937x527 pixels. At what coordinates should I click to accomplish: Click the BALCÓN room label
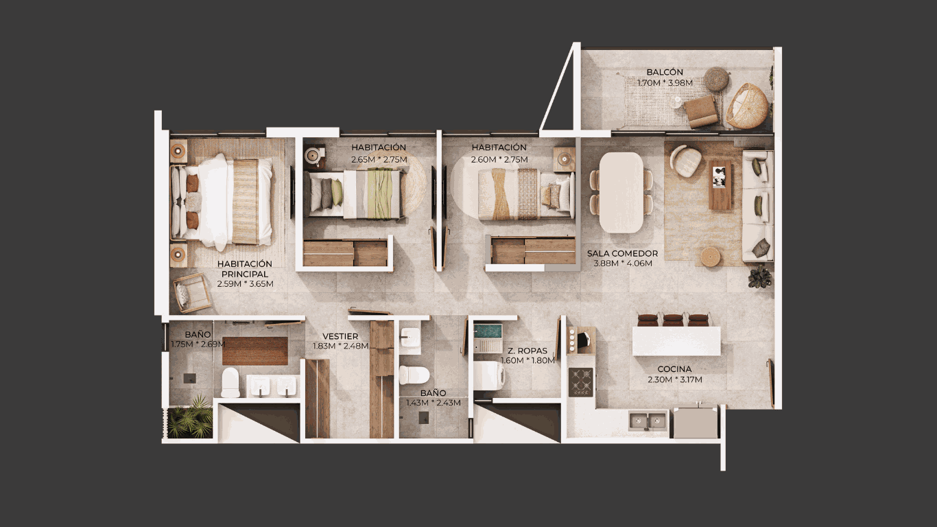coord(665,72)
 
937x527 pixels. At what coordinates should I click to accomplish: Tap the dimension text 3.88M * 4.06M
coord(623,263)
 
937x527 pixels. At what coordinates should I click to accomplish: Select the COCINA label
coord(674,369)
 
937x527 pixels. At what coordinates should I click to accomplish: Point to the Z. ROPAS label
coord(527,351)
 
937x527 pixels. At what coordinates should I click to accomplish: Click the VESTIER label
coord(340,336)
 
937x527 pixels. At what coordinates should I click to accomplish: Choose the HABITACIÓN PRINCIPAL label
coord(245,269)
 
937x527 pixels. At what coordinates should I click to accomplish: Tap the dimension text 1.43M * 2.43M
coord(434,403)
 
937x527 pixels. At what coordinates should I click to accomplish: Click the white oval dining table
coord(621,192)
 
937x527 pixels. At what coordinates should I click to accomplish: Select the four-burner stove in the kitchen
coord(581,382)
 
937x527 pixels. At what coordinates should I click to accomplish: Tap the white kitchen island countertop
coord(676,341)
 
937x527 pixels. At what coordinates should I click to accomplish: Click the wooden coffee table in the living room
coord(720,185)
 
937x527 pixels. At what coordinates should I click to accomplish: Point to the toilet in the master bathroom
coord(230,383)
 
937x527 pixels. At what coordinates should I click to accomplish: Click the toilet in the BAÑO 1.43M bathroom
coord(414,375)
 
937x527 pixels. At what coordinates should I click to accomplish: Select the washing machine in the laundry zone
coord(489,375)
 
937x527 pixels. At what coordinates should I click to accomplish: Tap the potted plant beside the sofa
coord(759,277)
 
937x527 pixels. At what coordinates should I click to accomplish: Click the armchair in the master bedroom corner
coord(191,292)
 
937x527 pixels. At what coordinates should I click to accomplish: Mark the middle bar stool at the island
coord(673,320)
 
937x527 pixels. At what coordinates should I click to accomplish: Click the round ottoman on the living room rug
coord(710,257)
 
